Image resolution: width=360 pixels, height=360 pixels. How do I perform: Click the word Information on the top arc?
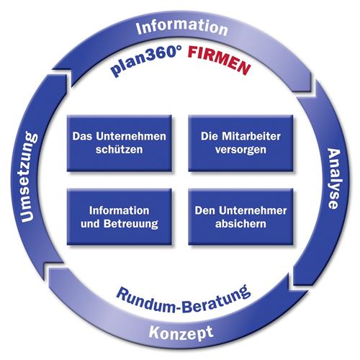point(181,27)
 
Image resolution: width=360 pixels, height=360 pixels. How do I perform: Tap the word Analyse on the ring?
point(334,179)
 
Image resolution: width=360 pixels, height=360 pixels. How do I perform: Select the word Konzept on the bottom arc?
point(181,333)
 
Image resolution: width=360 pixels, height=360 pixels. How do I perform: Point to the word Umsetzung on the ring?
point(30,177)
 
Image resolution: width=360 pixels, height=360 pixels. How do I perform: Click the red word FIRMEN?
point(219,60)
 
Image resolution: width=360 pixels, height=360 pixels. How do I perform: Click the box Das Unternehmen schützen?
point(120,143)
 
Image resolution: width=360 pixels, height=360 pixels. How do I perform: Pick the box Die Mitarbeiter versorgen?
point(240,143)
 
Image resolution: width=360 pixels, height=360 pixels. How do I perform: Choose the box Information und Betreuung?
point(120,217)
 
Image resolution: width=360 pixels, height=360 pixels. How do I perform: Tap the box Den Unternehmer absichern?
point(240,217)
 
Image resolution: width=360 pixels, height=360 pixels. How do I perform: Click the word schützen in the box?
point(120,150)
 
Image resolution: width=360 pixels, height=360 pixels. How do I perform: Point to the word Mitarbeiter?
point(251,136)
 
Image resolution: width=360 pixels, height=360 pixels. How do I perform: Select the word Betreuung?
point(131,224)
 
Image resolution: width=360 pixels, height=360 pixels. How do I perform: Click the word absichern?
point(240,223)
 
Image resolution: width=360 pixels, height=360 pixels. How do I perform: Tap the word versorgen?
point(240,150)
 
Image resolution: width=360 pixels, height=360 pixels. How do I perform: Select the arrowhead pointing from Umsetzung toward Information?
point(62,76)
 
